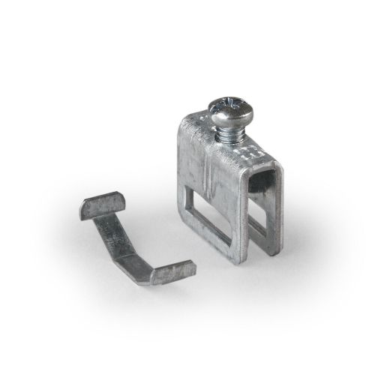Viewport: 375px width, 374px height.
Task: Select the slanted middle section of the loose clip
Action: coord(120,241)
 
